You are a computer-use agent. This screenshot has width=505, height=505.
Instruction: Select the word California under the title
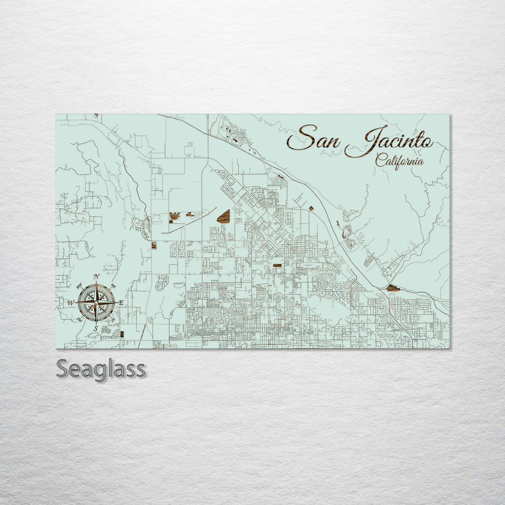click(400, 161)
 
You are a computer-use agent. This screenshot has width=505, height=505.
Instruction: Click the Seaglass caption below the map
click(101, 369)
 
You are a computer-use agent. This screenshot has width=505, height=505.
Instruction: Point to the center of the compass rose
click(96, 303)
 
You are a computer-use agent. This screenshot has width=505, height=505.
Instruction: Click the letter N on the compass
click(96, 277)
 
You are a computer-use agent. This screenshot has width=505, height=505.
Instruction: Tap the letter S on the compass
click(96, 329)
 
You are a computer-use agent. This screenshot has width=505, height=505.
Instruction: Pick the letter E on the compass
click(121, 303)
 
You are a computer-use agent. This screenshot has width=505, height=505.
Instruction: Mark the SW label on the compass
click(79, 319)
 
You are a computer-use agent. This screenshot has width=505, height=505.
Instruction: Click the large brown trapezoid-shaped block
click(224, 216)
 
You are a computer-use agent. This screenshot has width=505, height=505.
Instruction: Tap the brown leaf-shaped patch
click(174, 216)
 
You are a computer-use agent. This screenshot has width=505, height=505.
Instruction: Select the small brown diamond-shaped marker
click(311, 208)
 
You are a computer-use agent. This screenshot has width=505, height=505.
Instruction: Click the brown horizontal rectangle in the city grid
click(277, 265)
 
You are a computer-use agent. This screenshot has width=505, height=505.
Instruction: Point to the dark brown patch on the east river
click(393, 288)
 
